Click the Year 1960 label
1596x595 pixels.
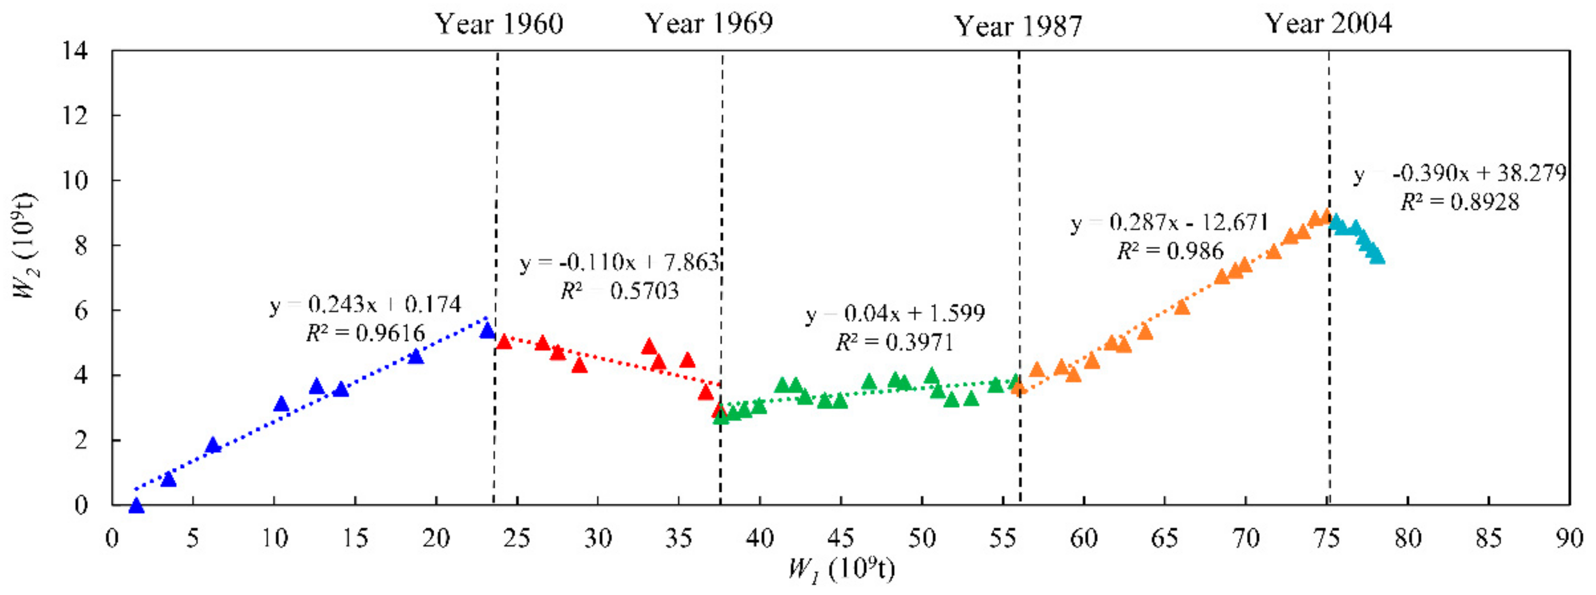tap(499, 25)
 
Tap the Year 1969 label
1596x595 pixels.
tap(709, 24)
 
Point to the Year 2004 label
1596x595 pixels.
tap(1328, 24)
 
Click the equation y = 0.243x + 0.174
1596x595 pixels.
tap(366, 305)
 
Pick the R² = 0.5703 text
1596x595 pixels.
tap(619, 290)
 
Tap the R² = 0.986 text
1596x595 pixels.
tap(1170, 250)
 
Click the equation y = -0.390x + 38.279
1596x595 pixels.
tap(1459, 174)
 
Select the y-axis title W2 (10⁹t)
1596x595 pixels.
tap(26, 246)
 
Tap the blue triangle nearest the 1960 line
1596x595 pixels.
tap(488, 331)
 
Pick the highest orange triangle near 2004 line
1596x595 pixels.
tap(1326, 216)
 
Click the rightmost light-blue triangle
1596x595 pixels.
tap(1377, 256)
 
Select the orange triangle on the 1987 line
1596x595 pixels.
tap(1019, 387)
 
